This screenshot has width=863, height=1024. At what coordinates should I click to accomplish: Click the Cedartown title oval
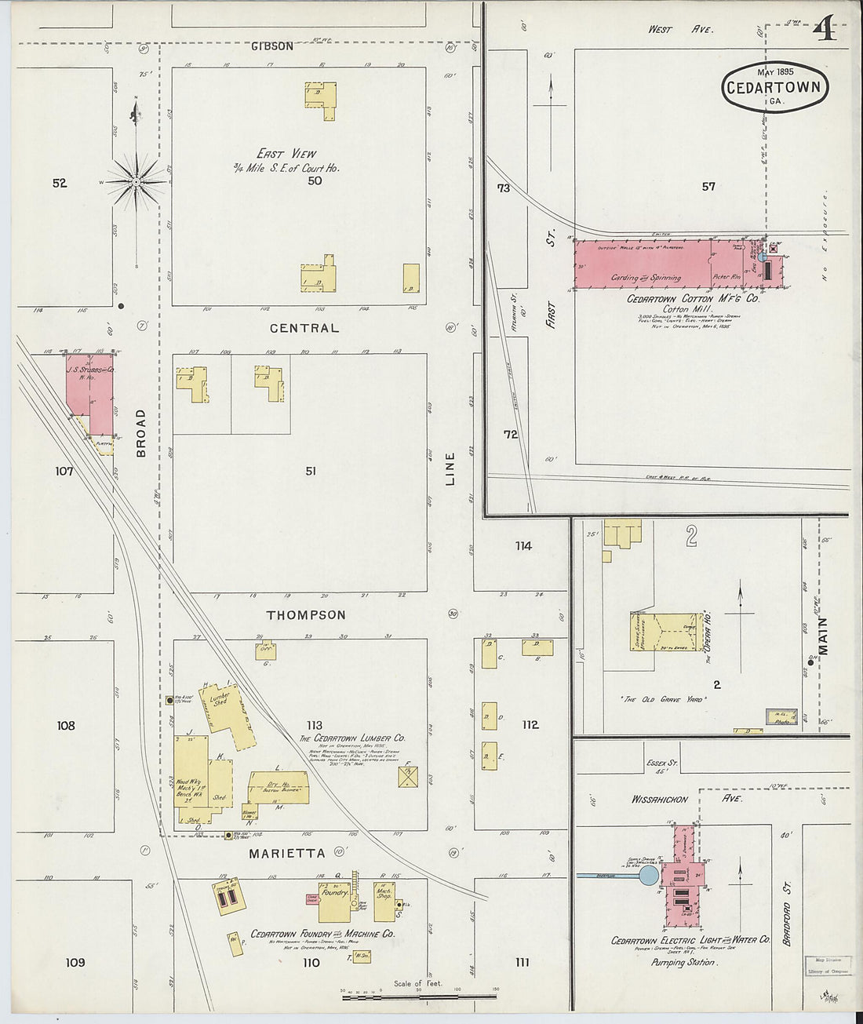774,87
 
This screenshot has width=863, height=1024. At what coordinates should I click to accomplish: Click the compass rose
137,182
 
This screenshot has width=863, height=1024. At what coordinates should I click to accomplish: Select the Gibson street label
272,46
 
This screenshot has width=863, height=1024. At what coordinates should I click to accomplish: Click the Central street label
304,328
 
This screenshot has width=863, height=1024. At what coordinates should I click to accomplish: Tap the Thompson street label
305,615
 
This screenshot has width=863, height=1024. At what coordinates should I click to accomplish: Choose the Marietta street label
287,853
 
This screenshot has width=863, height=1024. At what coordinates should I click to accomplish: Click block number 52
60,183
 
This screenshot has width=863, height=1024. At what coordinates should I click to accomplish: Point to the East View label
286,154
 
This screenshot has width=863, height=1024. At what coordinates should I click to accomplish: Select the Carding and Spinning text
646,277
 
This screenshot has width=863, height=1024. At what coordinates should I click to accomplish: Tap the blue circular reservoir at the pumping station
649,875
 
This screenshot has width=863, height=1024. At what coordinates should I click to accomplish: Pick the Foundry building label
334,893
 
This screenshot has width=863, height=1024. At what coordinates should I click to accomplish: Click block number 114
523,545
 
